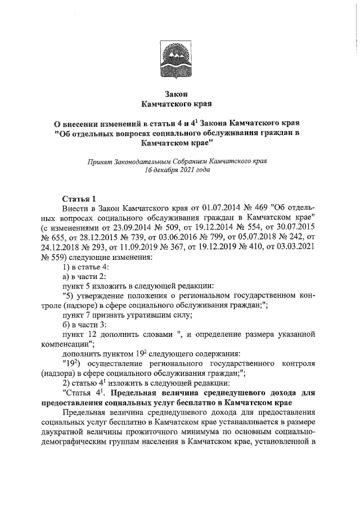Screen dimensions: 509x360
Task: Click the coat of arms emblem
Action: click(x=178, y=60)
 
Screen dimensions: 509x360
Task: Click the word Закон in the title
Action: click(x=178, y=93)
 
